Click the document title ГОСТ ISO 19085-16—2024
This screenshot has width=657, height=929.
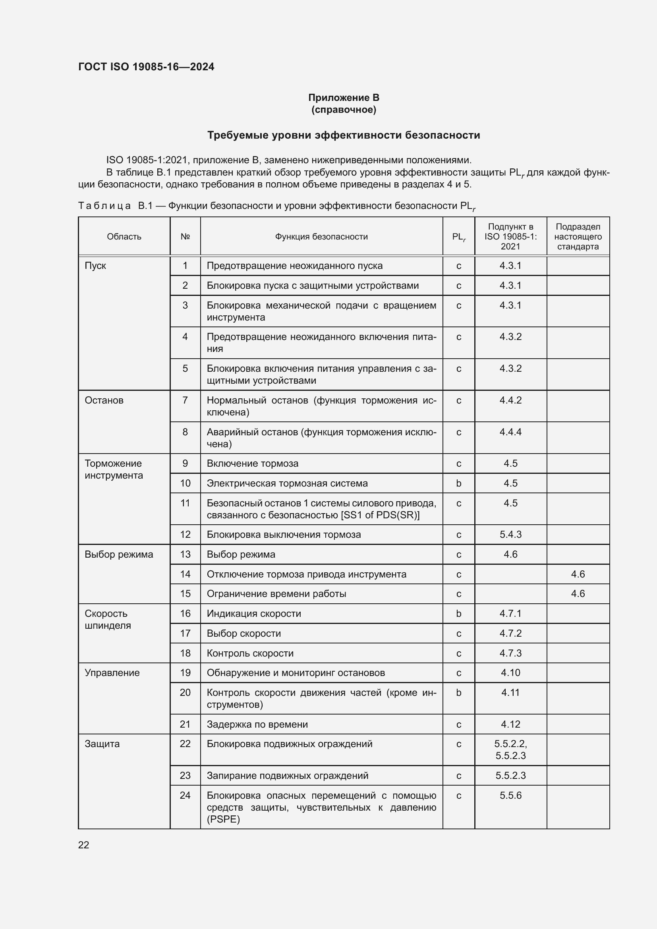pos(146,67)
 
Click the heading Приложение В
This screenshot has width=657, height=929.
pos(344,98)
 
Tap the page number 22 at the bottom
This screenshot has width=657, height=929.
pos(84,845)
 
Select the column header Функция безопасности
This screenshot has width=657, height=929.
pos(321,237)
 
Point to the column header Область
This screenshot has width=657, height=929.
pos(124,237)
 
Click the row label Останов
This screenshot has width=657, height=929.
pos(104,400)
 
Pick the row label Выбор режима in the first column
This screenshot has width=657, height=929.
pos(118,554)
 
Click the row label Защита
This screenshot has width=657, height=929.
pos(102,744)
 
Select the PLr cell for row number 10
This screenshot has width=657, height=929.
pos(458,483)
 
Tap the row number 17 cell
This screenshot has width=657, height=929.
pos(185,633)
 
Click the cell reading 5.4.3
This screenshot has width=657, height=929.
pos(510,535)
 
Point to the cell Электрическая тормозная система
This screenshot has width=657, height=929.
pos(287,483)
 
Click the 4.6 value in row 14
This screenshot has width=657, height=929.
pos(578,574)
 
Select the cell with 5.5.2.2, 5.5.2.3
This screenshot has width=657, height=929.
pos(510,749)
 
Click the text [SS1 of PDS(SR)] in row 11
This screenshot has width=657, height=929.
pos(380,515)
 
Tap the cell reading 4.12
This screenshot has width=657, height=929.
pos(510,724)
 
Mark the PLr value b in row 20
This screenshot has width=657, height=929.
pos(458,693)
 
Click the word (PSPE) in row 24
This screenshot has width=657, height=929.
pos(223,819)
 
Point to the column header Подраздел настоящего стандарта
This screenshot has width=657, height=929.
pos(578,237)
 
